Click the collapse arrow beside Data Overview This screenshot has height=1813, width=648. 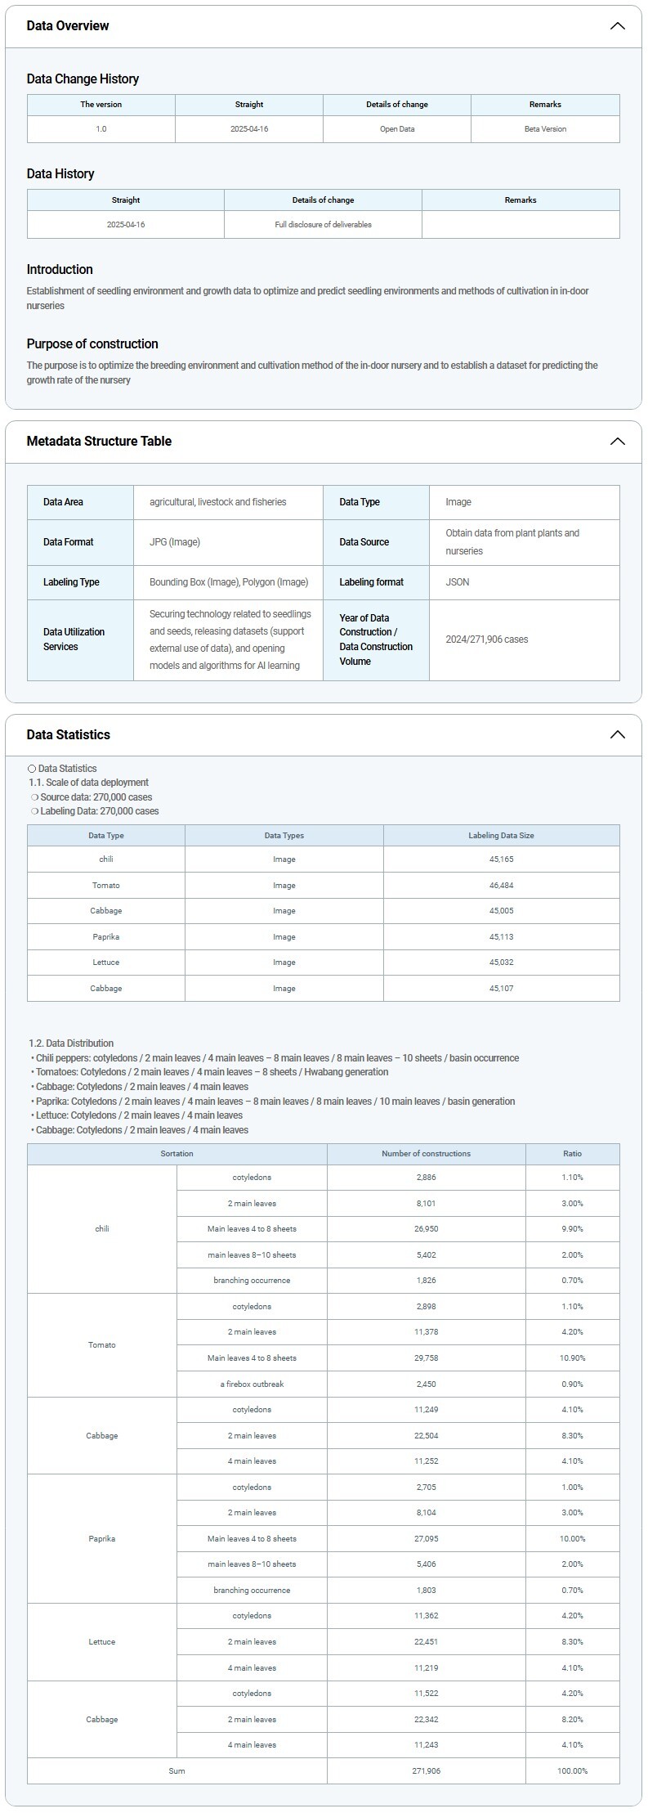[x=617, y=26]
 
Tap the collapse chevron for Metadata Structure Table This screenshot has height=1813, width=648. [x=617, y=442]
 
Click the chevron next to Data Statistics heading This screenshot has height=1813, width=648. [x=617, y=734]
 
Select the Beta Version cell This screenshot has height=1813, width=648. [x=545, y=129]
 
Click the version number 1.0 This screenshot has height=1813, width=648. [x=101, y=129]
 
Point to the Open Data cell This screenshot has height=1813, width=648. [x=397, y=129]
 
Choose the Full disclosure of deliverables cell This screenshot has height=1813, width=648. [x=323, y=225]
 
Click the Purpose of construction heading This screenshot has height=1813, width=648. [x=92, y=344]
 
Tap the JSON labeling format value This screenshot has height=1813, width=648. [x=458, y=582]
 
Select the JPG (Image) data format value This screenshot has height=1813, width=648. [x=175, y=542]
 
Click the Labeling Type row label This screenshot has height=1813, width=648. [x=71, y=582]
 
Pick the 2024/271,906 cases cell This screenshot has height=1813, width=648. [x=487, y=639]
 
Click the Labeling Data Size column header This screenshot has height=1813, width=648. [x=501, y=836]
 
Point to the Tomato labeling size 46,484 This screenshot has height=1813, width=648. [x=501, y=886]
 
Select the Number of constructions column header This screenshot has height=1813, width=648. [x=426, y=1154]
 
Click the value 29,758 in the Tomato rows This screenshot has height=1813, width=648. [x=426, y=1358]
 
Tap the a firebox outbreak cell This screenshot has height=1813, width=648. [x=252, y=1384]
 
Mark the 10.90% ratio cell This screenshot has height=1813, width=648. [x=572, y=1358]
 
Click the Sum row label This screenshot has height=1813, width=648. [x=177, y=1771]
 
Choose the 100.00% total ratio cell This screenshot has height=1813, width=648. [x=572, y=1771]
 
